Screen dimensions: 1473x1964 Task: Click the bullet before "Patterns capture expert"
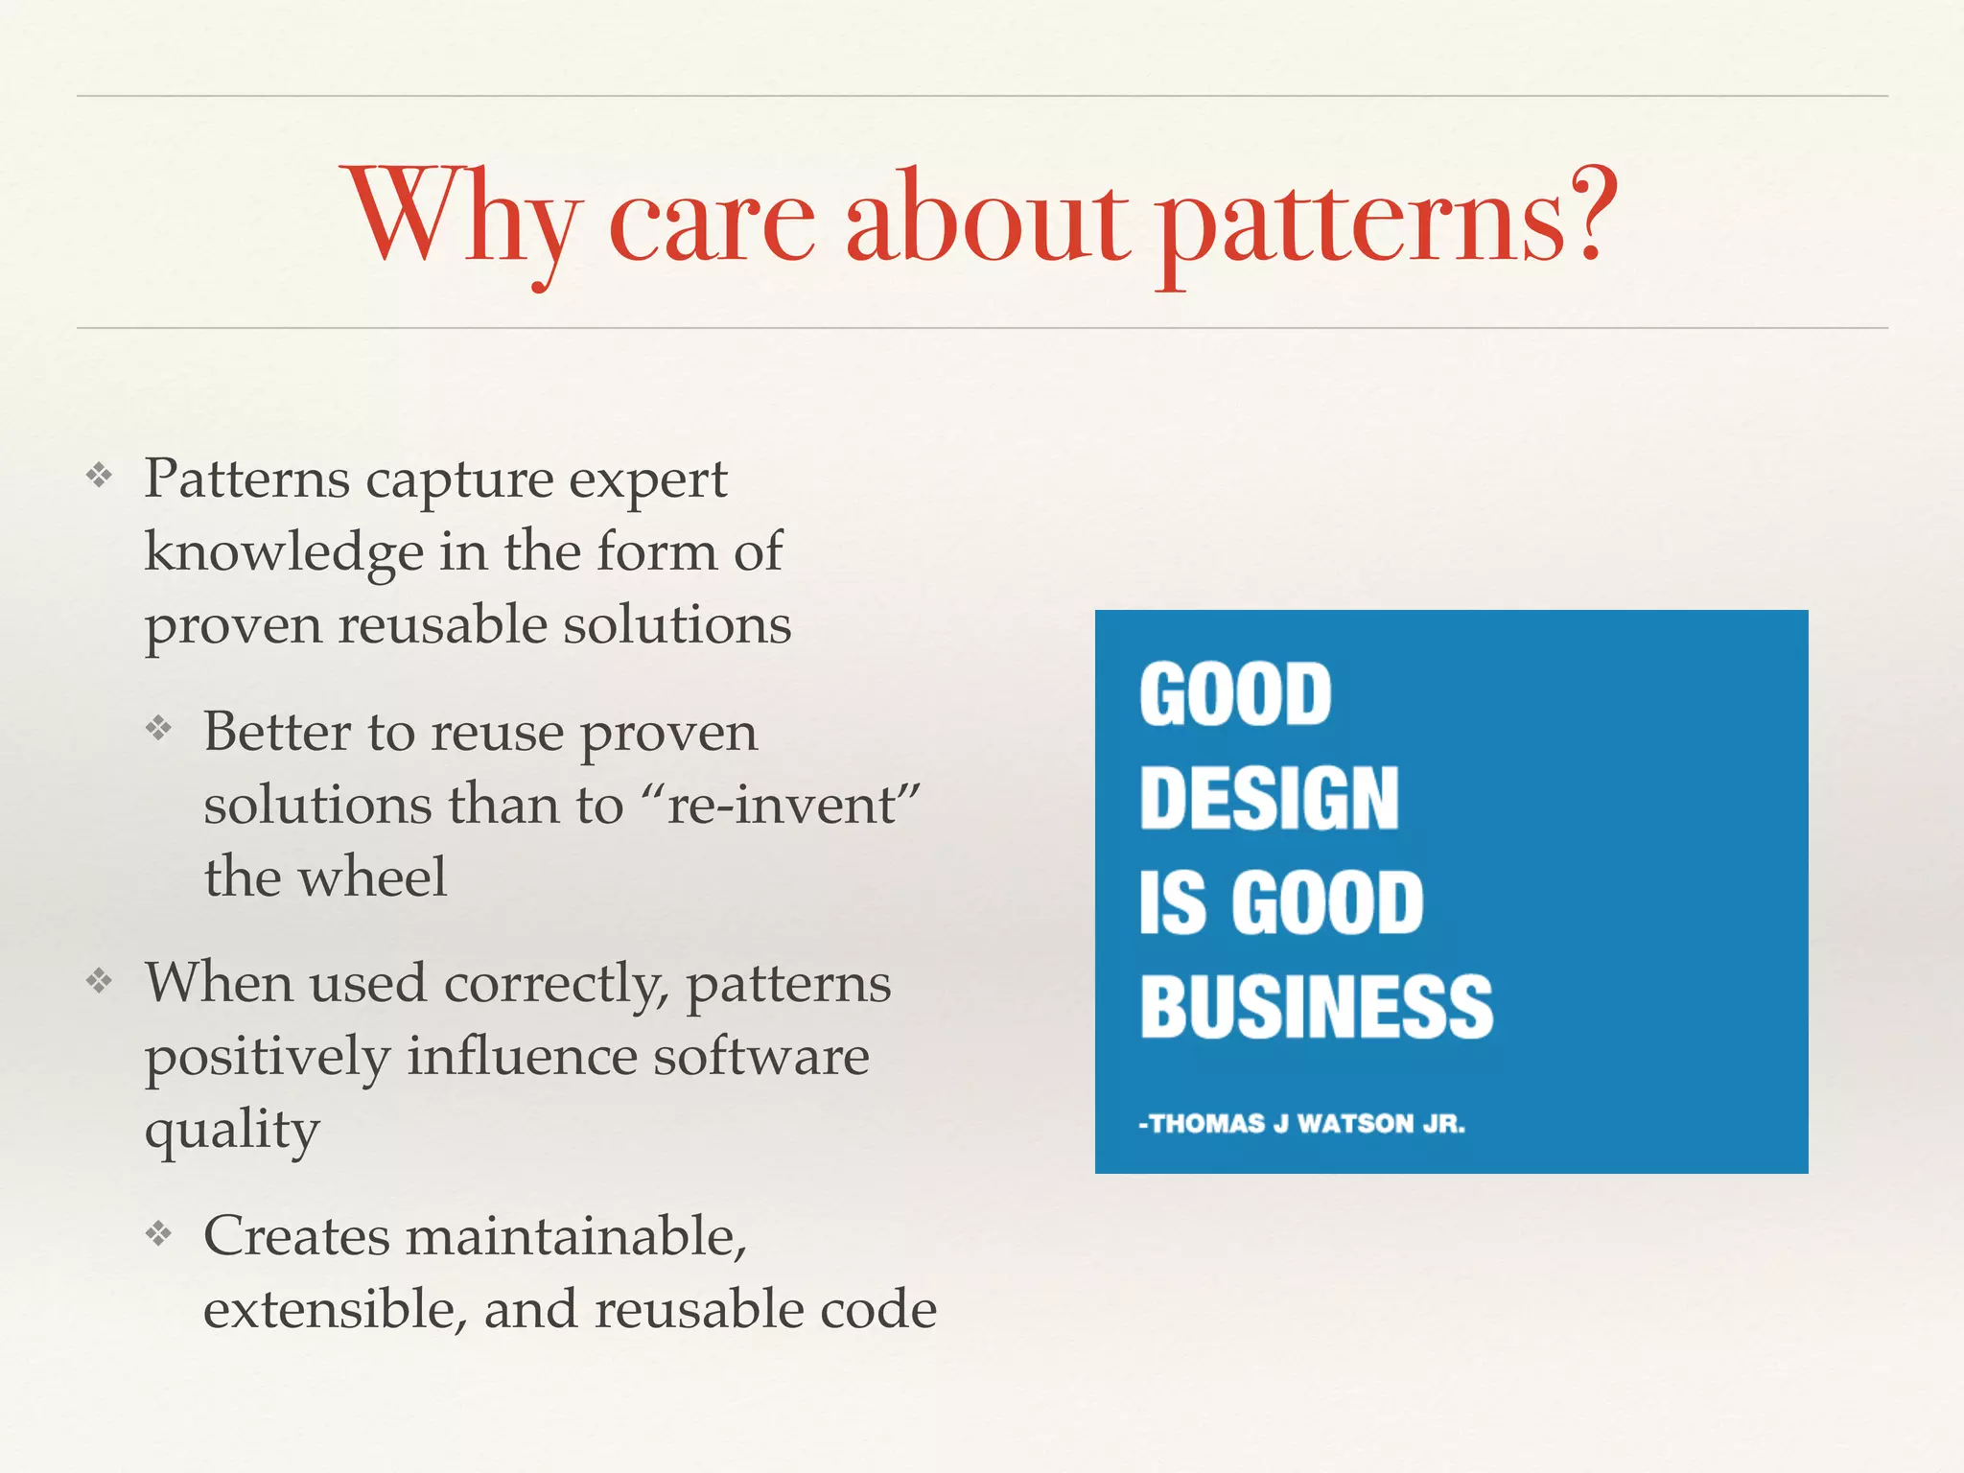[99, 475]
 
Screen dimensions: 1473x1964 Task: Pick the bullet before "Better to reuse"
[158, 729]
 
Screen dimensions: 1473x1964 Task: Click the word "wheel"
[372, 876]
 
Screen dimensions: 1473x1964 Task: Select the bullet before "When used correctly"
[99, 980]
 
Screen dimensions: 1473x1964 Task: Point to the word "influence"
[522, 1057]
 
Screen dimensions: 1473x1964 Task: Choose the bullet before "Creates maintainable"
[158, 1232]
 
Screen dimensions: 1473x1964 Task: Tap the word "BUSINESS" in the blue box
[1316, 1007]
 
